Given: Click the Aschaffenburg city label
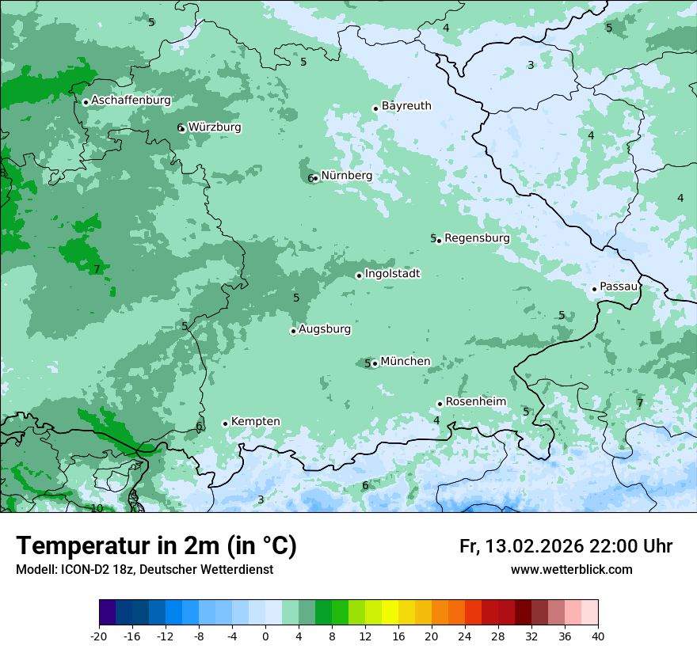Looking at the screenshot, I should (131, 101).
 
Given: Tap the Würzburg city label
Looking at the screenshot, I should (215, 127).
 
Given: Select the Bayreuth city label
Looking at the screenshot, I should (406, 106).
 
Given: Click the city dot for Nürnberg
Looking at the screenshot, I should (316, 178).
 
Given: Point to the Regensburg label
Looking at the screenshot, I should (477, 238).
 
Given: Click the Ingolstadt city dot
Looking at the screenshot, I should (360, 275).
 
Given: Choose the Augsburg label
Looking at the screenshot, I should (325, 329).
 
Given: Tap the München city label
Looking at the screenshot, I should (406, 362).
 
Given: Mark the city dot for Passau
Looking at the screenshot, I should (594, 289).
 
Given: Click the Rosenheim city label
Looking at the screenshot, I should (475, 402).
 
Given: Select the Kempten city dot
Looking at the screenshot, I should (225, 423).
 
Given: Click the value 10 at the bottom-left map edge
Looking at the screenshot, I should (97, 508).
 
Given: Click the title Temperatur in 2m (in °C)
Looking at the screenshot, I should (156, 546).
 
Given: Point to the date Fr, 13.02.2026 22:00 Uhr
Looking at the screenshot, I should (566, 547).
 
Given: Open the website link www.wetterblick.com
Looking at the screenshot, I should (571, 570).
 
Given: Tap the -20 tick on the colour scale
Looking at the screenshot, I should (99, 636).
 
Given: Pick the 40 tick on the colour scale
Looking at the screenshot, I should (597, 636).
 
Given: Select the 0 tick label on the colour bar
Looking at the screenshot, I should (265, 636).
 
